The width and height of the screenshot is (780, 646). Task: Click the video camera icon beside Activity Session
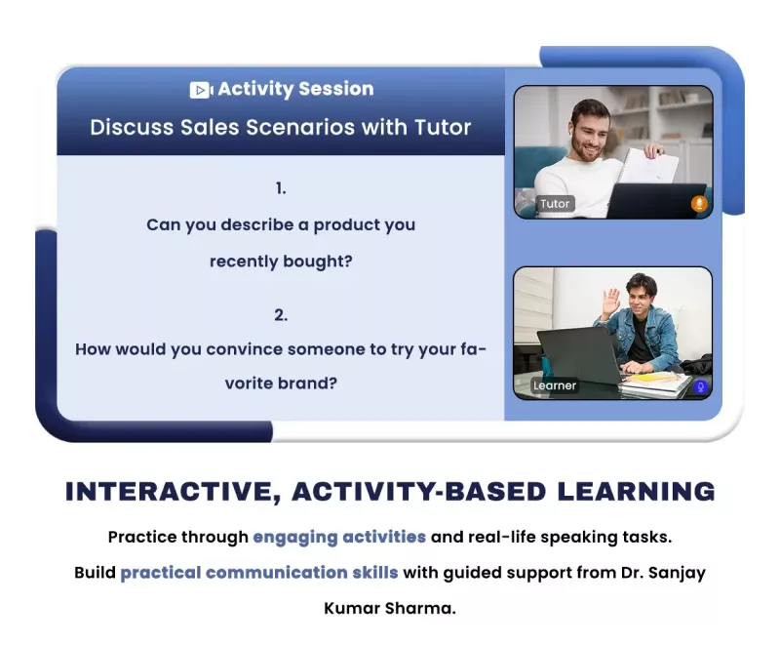pos(201,90)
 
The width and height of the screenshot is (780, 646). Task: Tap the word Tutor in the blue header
pos(443,127)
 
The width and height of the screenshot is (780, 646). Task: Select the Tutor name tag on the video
pos(555,204)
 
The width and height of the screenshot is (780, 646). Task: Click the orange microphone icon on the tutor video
pos(699,204)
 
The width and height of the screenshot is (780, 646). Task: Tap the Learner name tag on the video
pos(555,385)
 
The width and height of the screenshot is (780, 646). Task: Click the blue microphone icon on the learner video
pos(700,386)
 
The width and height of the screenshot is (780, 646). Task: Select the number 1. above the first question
pos(281,188)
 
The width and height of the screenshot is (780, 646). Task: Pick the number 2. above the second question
pos(281,315)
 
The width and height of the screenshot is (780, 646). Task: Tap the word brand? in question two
pos(307,384)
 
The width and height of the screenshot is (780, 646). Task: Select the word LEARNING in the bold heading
pos(637,491)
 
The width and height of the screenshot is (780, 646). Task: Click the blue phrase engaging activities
pos(339,538)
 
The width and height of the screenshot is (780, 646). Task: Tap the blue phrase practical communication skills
pos(259,573)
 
